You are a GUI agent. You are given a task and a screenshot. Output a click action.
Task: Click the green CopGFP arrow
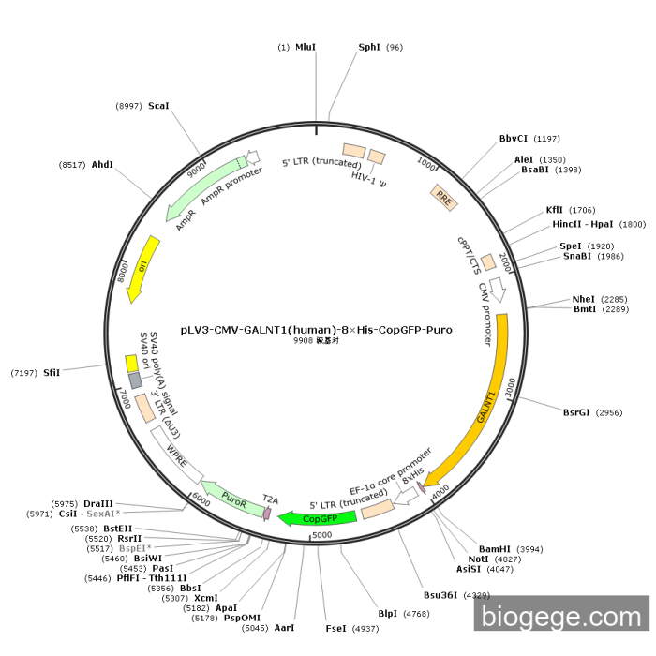pos(318,519)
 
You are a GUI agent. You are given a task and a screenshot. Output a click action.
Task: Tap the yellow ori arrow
pos(142,268)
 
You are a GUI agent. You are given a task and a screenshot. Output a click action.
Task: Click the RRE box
pos(444,198)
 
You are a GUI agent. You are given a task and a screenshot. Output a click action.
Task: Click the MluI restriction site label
pos(306,47)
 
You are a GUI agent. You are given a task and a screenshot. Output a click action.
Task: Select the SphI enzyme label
pos(369,47)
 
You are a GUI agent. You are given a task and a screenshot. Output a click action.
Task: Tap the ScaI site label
pos(158,106)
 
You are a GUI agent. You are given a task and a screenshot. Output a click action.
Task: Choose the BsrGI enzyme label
pos(576,412)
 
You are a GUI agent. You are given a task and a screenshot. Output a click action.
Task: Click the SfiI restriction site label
pos(52,373)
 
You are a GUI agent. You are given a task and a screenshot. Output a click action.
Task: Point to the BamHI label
pos(495,549)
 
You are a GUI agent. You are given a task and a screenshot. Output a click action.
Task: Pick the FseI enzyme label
pos(335,629)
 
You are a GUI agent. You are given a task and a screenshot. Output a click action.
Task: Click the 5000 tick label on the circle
pos(322,535)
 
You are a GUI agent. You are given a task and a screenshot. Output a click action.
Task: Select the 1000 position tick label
pos(425,164)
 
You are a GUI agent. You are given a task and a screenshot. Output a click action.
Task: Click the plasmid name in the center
pos(317,330)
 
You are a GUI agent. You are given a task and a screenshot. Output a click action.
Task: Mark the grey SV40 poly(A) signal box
pos(135,380)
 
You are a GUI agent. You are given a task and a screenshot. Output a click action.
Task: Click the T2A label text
pos(270,499)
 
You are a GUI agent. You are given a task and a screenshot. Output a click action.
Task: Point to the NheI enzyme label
pos(583,299)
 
